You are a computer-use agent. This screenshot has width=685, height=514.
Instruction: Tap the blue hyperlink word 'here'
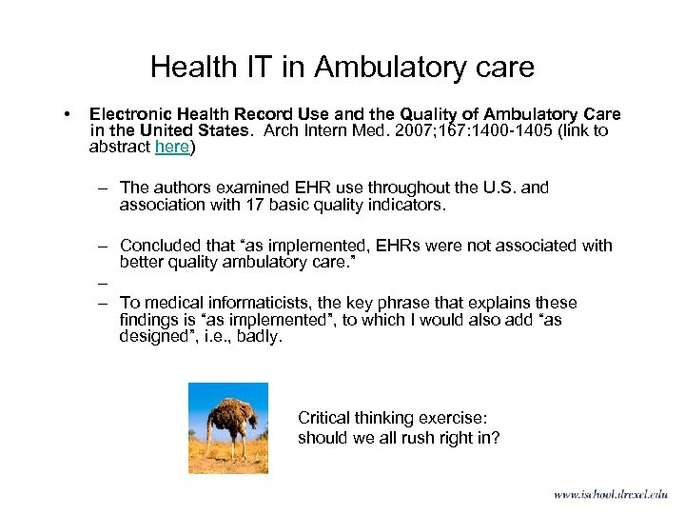(171, 147)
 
